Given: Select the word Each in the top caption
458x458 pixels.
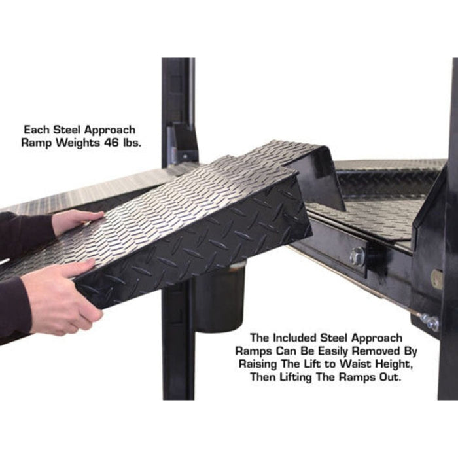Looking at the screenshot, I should coord(37,130).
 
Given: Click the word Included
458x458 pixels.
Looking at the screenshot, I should coord(297,339).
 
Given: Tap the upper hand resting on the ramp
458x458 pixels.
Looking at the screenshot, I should coord(75,221).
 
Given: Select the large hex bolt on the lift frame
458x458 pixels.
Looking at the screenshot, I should coord(357,256).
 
